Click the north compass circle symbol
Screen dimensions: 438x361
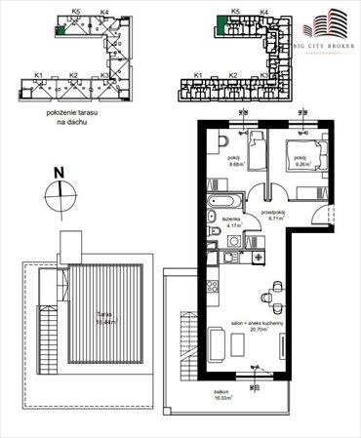tap(59, 192)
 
